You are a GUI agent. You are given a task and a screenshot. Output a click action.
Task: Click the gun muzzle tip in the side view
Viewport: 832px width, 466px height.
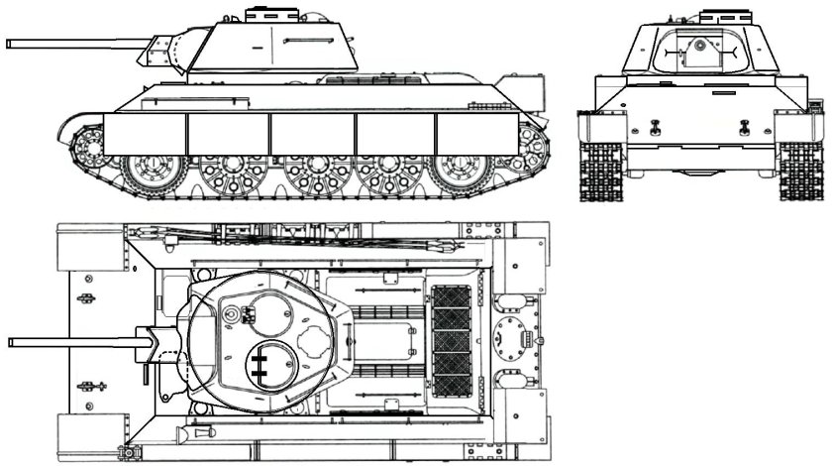(9, 43)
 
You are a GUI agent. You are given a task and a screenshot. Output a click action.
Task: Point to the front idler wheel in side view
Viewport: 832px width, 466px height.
(87, 146)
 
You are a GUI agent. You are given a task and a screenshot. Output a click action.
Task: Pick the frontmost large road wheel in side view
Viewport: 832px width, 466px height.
(147, 172)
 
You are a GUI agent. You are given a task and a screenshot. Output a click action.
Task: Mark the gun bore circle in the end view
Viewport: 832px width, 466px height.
(698, 45)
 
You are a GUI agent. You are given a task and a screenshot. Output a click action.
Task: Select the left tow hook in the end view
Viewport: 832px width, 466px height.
(655, 125)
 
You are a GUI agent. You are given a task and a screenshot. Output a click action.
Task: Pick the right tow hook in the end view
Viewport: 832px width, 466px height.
(743, 125)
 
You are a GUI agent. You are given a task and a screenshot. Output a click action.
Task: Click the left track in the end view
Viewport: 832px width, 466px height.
(600, 170)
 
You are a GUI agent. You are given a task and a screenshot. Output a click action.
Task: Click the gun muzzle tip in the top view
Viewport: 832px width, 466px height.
(11, 342)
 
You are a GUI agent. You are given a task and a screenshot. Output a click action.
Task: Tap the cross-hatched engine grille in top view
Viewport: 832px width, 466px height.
(454, 337)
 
